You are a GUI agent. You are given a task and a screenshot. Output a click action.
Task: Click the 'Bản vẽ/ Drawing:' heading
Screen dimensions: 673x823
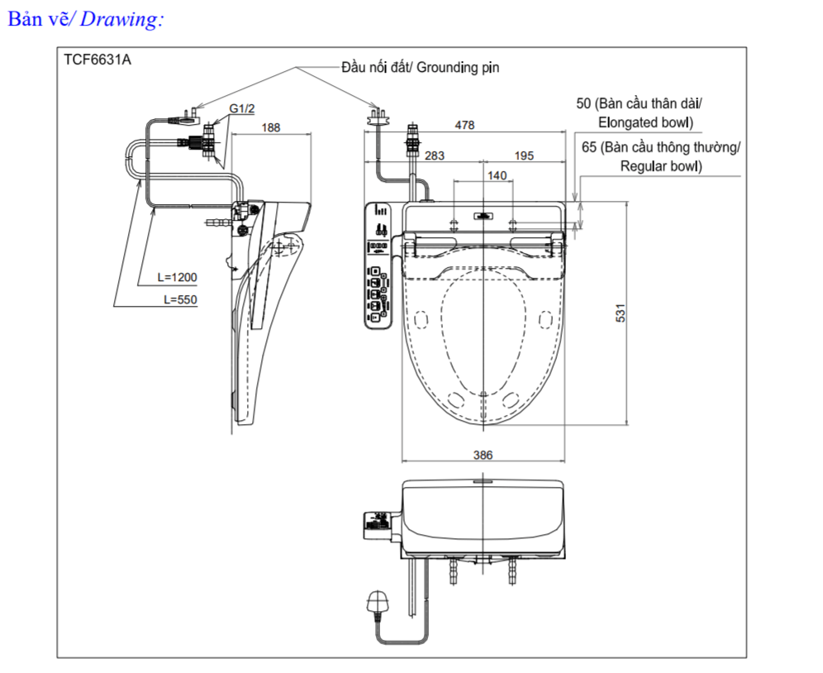click(x=85, y=20)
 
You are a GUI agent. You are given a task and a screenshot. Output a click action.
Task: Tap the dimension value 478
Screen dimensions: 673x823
click(x=465, y=126)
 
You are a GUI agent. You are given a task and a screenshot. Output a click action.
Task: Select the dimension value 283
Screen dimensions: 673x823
click(x=435, y=155)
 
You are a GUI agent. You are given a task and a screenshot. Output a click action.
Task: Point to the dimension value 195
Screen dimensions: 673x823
click(x=523, y=155)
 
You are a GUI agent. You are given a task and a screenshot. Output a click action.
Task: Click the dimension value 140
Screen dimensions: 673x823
click(x=497, y=175)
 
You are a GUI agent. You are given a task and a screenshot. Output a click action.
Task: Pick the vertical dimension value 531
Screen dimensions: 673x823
click(x=621, y=313)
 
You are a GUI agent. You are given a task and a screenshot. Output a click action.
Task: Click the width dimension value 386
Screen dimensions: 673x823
click(x=483, y=455)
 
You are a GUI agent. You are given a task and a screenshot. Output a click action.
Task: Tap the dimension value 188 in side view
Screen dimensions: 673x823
click(x=270, y=127)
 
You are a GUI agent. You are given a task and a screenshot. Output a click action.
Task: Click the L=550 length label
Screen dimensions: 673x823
click(x=181, y=299)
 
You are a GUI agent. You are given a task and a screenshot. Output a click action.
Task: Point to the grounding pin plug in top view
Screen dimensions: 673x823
click(x=378, y=117)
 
